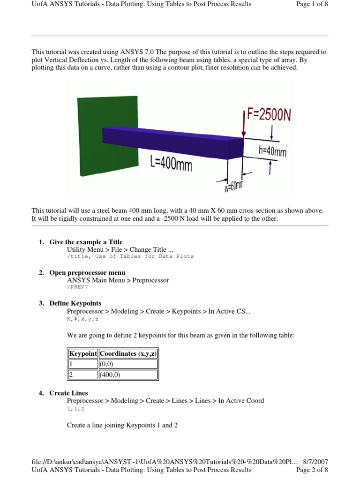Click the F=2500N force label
click(x=269, y=115)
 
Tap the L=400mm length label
click(x=171, y=164)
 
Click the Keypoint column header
click(x=83, y=353)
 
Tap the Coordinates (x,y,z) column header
click(x=128, y=353)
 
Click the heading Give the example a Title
click(x=86, y=242)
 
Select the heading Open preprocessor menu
click(x=87, y=272)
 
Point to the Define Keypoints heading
click(x=75, y=303)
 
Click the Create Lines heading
click(x=68, y=393)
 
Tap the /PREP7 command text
click(x=77, y=287)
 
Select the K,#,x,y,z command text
click(x=83, y=318)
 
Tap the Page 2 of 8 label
click(x=312, y=470)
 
